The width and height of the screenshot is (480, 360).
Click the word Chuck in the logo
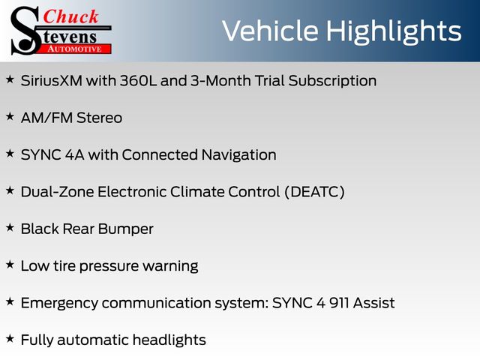[70, 16]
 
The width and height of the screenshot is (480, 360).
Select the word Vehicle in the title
[270, 31]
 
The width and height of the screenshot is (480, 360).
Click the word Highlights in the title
[393, 31]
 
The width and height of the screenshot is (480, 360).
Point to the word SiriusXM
[52, 81]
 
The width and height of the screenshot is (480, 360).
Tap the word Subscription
[332, 82]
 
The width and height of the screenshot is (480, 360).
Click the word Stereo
[99, 118]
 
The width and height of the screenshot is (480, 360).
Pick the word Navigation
[238, 155]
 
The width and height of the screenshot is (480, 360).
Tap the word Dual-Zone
[57, 192]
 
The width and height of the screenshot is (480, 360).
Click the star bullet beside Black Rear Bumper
[10, 228]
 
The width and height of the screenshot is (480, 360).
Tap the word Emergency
[59, 304]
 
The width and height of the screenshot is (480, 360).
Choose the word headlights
[169, 340]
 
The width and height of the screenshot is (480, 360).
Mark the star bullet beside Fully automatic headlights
[10, 339]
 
